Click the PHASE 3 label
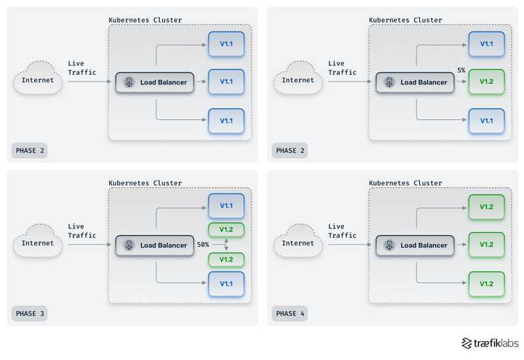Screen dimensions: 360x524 [x=29, y=314]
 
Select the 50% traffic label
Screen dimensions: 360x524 [x=202, y=244]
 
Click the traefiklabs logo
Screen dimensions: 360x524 [x=490, y=343]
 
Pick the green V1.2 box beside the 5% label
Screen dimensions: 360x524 [x=486, y=82]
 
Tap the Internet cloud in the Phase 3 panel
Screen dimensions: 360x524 [x=38, y=243]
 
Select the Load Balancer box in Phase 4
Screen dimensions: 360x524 [x=415, y=245]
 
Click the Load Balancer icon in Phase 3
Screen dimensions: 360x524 [x=129, y=245]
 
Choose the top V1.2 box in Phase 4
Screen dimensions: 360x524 [x=486, y=207]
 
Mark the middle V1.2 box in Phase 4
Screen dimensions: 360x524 [x=486, y=245]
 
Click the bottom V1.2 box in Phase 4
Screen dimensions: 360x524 [x=486, y=283]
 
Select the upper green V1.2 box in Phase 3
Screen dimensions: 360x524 [x=226, y=230]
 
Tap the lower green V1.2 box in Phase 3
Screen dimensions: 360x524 [x=226, y=259]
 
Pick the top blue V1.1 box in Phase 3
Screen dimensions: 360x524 [x=226, y=206]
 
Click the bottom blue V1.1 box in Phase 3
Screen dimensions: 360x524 [x=226, y=283]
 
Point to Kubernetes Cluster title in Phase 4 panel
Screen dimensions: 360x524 [x=405, y=183]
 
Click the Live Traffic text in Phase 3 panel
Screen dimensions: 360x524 [x=82, y=231]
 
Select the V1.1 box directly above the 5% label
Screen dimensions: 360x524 [x=486, y=44]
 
